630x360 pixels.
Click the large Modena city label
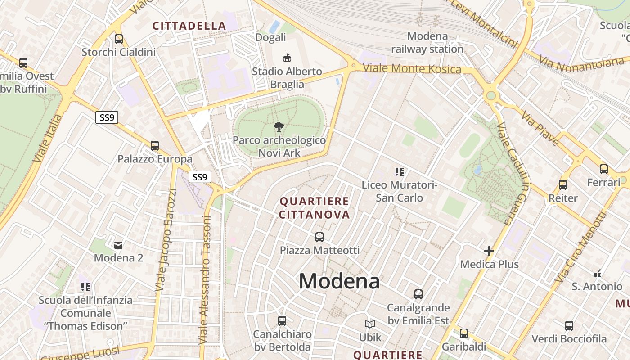point(339,281)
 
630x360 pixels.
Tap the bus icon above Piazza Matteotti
point(319,237)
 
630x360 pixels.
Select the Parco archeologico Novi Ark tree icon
point(279,127)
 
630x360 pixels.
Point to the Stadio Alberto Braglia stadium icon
point(287,58)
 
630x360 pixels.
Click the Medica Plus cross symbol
point(489,251)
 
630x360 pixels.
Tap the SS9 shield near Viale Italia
point(107,118)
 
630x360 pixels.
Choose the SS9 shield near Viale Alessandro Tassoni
point(199,177)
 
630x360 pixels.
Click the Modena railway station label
point(427,42)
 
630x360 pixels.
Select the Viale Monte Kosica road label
point(412,69)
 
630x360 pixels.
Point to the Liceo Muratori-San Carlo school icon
point(400,171)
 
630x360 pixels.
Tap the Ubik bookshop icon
point(370,324)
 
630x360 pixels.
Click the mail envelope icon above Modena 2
point(118,245)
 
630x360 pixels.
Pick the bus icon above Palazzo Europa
point(155,146)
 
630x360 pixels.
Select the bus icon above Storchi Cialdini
point(119,39)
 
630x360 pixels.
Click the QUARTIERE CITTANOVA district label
point(314,207)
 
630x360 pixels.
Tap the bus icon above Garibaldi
point(464,333)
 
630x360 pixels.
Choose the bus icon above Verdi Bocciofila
point(569,325)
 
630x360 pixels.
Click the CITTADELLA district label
point(189,26)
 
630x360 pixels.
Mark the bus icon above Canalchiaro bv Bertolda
point(282,321)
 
